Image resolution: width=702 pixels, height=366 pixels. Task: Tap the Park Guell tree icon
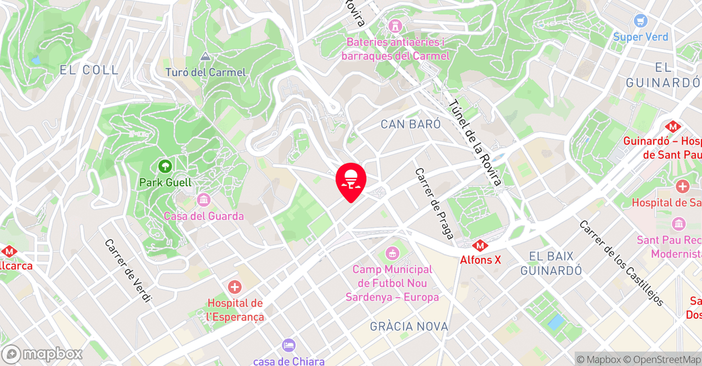pos(165,165)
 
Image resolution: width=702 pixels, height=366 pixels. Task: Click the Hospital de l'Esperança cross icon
pos(235,287)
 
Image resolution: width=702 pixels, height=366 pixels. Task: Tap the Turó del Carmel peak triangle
pos(205,56)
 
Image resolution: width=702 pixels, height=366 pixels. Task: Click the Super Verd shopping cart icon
pos(640,21)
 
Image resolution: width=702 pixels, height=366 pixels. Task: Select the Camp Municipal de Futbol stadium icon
pos(392,253)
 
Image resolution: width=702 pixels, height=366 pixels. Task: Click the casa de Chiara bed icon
pos(288,345)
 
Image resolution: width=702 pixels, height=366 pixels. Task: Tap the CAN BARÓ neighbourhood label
pos(411,124)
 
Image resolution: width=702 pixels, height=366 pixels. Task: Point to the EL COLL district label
pos(89,70)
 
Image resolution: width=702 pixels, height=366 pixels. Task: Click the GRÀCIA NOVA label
pos(409,327)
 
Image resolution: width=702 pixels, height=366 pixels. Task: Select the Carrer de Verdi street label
pos(127,271)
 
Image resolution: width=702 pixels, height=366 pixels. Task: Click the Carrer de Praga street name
pos(434,203)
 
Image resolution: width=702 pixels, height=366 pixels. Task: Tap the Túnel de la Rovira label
pos(475,142)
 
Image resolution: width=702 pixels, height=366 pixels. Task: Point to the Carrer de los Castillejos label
pos(621,263)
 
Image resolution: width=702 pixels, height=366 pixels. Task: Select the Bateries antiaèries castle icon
pos(394,26)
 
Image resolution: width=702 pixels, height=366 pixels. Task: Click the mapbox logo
pos(42,354)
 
